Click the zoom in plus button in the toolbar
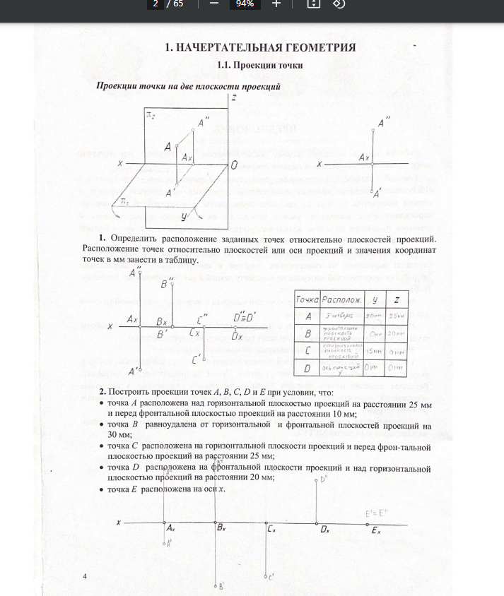click(x=276, y=4)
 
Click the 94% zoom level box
click(x=245, y=4)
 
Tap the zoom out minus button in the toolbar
click(x=213, y=4)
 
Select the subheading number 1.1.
click(x=225, y=65)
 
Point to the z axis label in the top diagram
click(x=233, y=97)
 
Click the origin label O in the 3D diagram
click(x=233, y=164)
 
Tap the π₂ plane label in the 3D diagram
click(x=151, y=115)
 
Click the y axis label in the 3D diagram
click(x=184, y=217)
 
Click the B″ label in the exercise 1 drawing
click(x=166, y=284)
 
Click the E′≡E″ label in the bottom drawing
click(x=373, y=513)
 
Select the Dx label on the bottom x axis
click(x=325, y=528)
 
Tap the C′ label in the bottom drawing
click(x=271, y=577)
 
